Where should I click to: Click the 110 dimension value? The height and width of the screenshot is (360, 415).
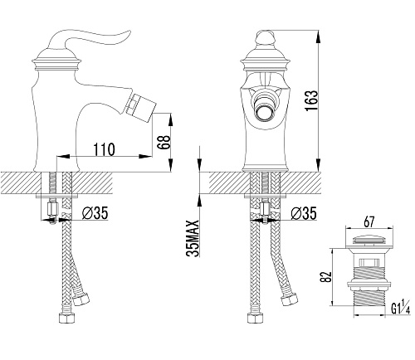[x=104, y=149]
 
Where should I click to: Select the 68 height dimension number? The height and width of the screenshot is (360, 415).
[x=164, y=143]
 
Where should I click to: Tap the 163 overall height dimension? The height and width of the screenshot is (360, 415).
[x=311, y=100]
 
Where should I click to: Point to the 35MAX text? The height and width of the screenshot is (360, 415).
[x=193, y=239]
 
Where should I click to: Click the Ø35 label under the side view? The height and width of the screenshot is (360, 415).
[x=95, y=213]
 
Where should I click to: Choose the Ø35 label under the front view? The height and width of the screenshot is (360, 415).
[x=304, y=213]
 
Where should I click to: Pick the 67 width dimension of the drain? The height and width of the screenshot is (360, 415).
[x=369, y=221]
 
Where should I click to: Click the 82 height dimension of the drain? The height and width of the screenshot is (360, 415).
[x=325, y=276]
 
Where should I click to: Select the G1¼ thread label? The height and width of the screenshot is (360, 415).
[x=400, y=309]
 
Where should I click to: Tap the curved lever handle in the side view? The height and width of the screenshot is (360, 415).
[x=89, y=39]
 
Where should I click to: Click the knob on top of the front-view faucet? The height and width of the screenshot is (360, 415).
[x=265, y=37]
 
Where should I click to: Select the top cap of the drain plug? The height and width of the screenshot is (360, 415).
[x=369, y=241]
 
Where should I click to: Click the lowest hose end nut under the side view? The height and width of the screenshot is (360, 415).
[x=67, y=318]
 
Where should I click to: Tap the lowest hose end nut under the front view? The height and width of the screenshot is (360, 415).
[x=255, y=318]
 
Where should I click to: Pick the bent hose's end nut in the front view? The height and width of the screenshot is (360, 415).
[x=289, y=300]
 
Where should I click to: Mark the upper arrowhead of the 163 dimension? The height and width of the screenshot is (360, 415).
[x=319, y=36]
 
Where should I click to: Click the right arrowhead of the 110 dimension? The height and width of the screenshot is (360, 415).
[x=145, y=157]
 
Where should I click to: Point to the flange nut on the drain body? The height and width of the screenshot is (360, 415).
[x=369, y=285]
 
